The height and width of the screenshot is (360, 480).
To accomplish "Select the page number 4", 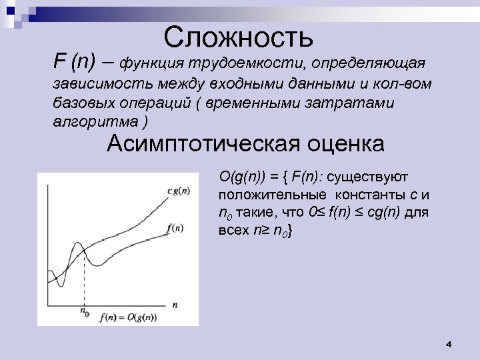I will [448, 344].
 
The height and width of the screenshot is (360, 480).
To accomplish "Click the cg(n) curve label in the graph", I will [177, 190].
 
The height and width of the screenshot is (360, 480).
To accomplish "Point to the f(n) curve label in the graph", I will [175, 228].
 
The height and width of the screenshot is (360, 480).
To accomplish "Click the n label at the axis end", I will [175, 303].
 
